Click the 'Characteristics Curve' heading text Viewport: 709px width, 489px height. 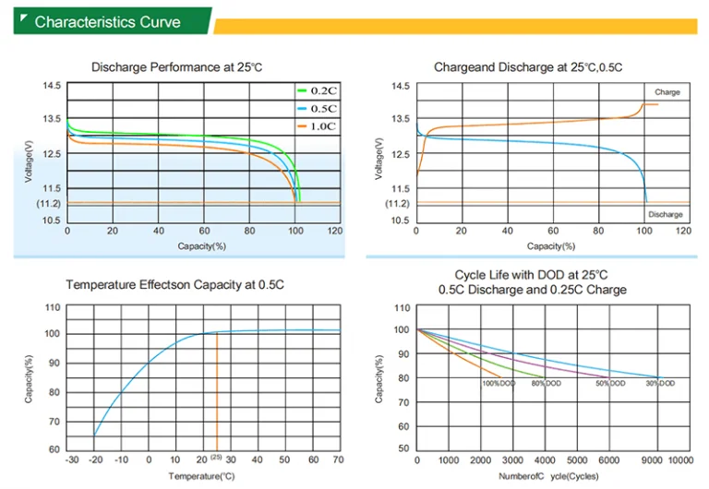click(x=108, y=22)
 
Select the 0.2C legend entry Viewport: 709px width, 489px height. click(x=317, y=90)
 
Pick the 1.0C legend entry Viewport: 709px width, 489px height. click(x=317, y=126)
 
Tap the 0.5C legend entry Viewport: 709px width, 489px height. click(x=317, y=109)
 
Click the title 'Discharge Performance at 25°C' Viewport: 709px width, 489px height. click(x=177, y=67)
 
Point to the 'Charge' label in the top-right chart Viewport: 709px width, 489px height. click(x=667, y=92)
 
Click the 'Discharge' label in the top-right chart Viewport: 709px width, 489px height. click(x=665, y=214)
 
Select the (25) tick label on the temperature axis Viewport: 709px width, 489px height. click(x=216, y=457)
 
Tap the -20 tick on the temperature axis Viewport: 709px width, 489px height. click(x=95, y=459)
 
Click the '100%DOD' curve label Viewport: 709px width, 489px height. click(x=499, y=383)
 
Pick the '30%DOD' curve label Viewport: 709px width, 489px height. click(x=660, y=383)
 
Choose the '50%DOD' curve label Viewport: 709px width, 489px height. click(x=610, y=383)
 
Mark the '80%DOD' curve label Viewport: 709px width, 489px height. click(x=547, y=383)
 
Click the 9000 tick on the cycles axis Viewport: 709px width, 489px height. click(x=652, y=460)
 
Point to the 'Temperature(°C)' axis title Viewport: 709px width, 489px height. click(x=201, y=476)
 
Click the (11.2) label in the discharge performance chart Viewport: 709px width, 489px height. click(x=48, y=203)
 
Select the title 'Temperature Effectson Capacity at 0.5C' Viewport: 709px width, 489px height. click(x=175, y=285)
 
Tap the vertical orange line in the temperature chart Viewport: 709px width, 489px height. click(x=217, y=392)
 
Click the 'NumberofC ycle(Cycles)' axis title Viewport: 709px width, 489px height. click(x=548, y=476)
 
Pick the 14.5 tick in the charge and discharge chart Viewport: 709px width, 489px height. click(x=400, y=86)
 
